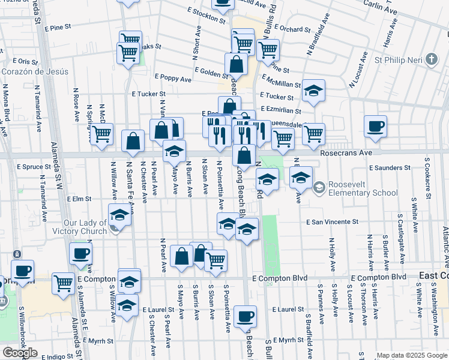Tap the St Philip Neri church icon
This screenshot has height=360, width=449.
point(431,59)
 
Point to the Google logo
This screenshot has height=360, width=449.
point(20,353)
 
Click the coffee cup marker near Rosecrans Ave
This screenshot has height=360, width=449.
point(375,127)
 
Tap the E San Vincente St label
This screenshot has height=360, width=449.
point(332,222)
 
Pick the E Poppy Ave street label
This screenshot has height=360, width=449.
point(173,79)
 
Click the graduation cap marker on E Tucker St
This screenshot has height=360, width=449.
point(313,91)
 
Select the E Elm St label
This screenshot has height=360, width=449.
point(79,199)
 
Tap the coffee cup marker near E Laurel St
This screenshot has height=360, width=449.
point(244,316)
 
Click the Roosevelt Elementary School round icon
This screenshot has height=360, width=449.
point(318,188)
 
